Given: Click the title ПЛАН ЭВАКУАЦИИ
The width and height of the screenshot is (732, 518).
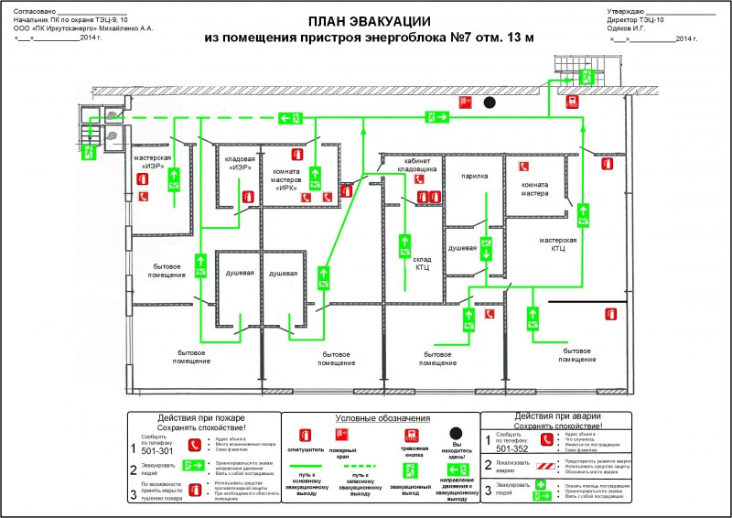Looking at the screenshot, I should coord(366,21).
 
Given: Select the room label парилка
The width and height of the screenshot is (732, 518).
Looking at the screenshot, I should coord(474,176).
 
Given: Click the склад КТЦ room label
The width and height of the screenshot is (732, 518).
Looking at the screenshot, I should coord(421,263).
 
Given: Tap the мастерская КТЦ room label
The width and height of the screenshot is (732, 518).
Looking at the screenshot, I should coord(557,243).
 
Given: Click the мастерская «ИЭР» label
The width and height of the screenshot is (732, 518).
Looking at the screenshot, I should coord(153,162).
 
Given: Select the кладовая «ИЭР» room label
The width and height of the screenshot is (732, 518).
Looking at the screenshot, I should coord(240,163).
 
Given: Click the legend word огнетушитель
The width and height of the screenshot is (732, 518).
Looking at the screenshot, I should coord(305,450).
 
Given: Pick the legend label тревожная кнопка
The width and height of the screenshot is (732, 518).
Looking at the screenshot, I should coord(414,450).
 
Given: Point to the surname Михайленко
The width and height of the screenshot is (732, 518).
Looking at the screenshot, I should coord(112,28).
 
